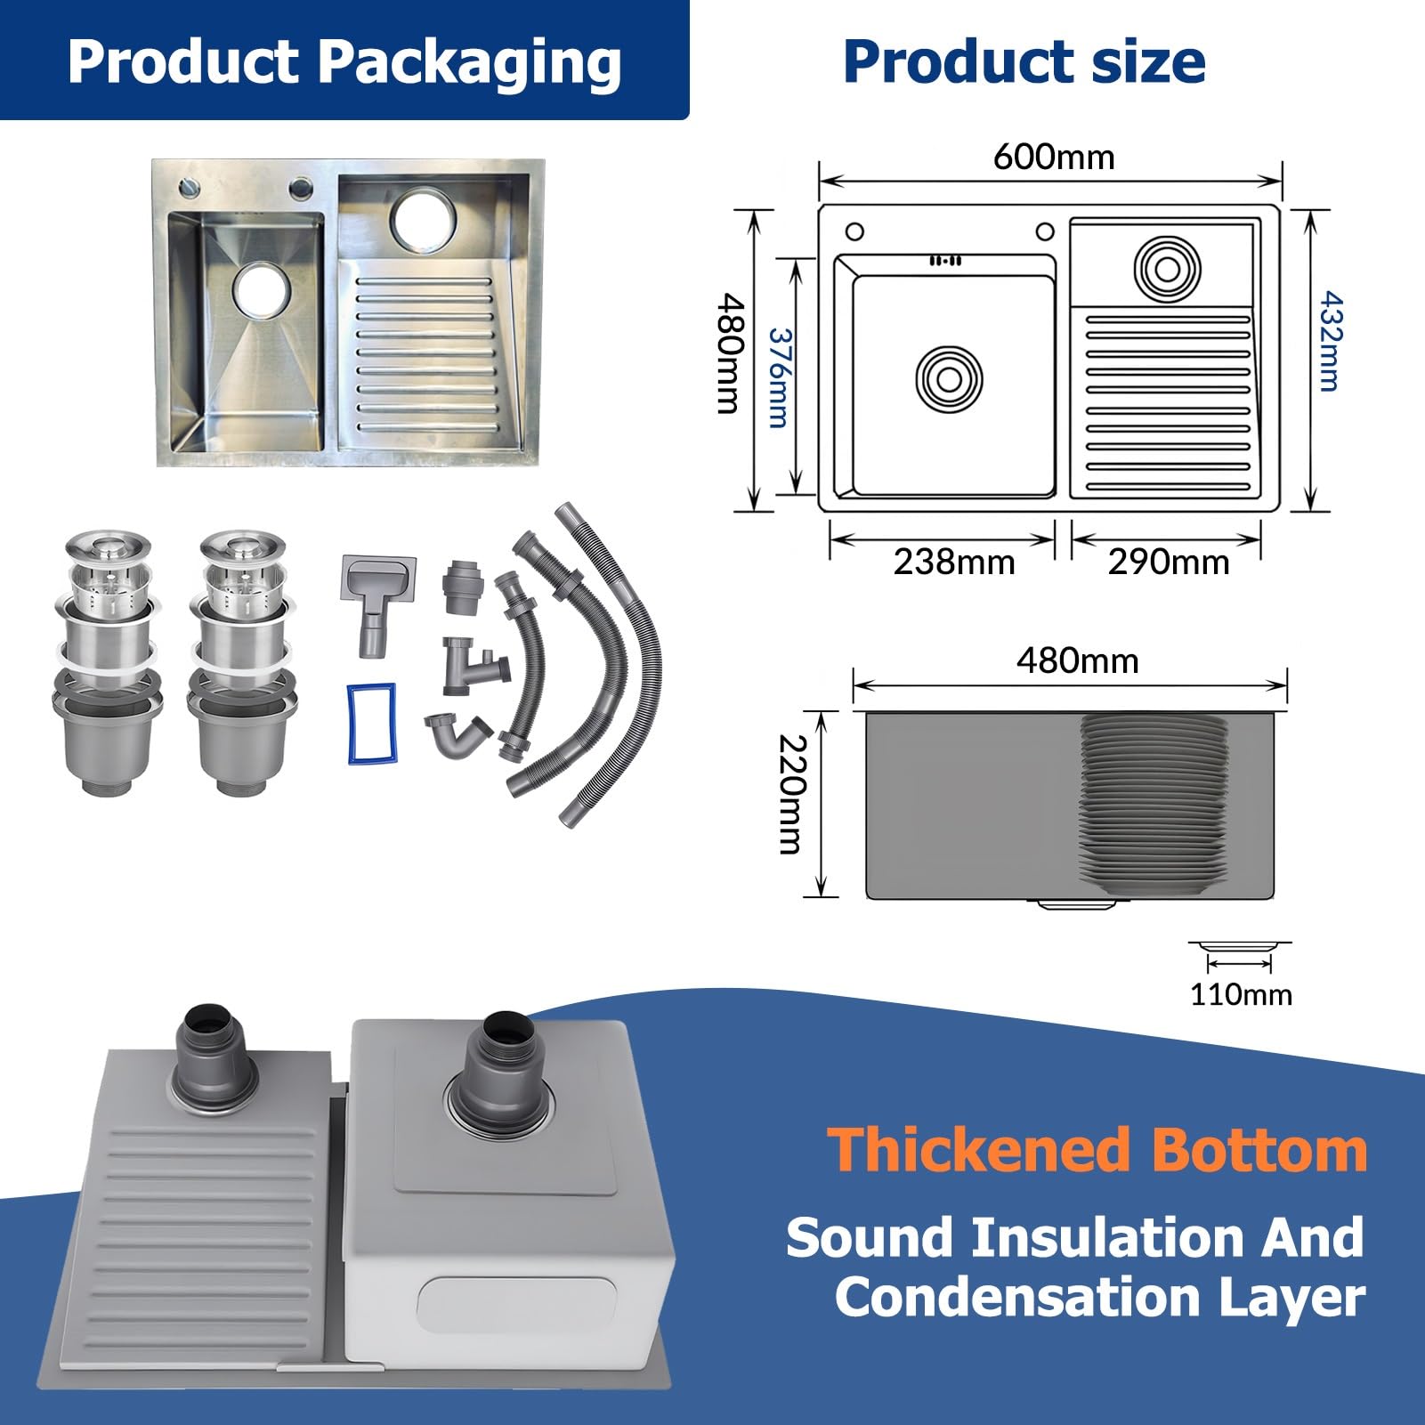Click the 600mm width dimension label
point(1054,158)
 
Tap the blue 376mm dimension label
point(779,378)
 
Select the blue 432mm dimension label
point(1328,341)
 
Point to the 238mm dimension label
point(954,562)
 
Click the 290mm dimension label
point(1169,562)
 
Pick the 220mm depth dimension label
point(791,794)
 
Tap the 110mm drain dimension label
point(1242,994)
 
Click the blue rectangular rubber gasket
point(371,724)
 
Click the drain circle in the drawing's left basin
point(949,378)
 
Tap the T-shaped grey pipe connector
point(474,664)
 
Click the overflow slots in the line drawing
point(945,261)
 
